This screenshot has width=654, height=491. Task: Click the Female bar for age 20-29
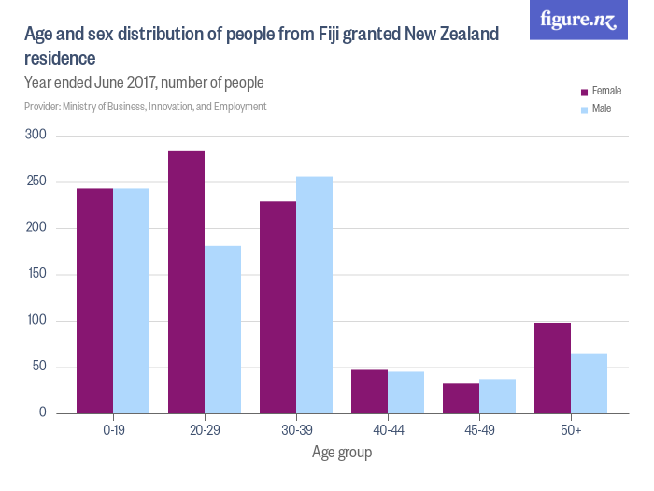pyautogui.click(x=186, y=282)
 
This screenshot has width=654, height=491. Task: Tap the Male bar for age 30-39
pyautogui.click(x=314, y=295)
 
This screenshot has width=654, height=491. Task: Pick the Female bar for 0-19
pyautogui.click(x=94, y=300)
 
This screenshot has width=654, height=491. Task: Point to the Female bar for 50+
pyautogui.click(x=552, y=368)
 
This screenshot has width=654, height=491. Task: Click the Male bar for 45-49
pyautogui.click(x=497, y=396)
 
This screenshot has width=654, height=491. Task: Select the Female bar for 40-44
pyautogui.click(x=369, y=391)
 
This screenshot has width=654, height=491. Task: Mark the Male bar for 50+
pyautogui.click(x=589, y=383)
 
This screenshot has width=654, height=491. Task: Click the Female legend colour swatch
pyautogui.click(x=584, y=92)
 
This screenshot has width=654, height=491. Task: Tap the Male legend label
pyautogui.click(x=602, y=109)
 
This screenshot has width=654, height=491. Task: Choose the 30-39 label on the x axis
pyautogui.click(x=296, y=430)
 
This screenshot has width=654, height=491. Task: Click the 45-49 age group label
pyautogui.click(x=479, y=430)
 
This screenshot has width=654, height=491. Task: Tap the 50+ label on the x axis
pyautogui.click(x=571, y=430)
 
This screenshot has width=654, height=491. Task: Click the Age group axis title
pyautogui.click(x=342, y=453)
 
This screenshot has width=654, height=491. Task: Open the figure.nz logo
pyautogui.click(x=578, y=20)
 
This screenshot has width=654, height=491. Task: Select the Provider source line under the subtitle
pyautogui.click(x=145, y=107)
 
